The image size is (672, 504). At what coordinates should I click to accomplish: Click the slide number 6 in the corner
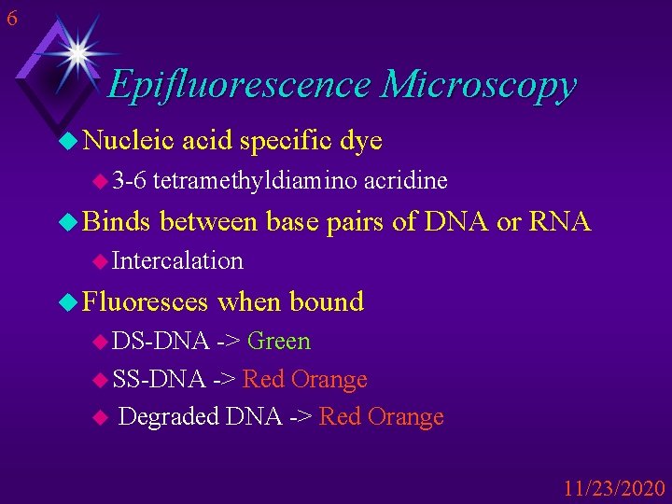tap(10, 18)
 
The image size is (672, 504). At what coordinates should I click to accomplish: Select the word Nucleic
tap(128, 141)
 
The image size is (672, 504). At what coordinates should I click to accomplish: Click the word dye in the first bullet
tap(360, 141)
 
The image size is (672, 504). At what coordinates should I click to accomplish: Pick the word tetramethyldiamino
tap(254, 180)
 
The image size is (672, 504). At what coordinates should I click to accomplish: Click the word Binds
tap(117, 222)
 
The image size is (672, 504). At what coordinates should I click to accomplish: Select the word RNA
tap(559, 222)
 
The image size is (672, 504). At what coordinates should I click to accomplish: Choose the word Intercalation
tap(177, 261)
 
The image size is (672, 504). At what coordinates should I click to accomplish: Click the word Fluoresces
tap(146, 301)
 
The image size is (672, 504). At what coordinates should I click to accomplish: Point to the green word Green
tap(279, 342)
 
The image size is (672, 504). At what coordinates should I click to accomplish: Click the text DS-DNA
tap(160, 342)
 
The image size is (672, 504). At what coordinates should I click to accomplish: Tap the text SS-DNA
tap(159, 379)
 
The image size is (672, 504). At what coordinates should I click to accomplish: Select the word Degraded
tap(170, 416)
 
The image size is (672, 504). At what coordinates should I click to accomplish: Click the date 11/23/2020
tap(614, 488)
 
